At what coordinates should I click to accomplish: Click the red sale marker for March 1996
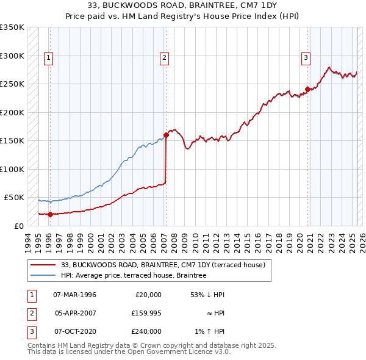50,214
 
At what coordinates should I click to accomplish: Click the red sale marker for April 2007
166,135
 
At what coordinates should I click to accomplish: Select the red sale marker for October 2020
307,89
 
